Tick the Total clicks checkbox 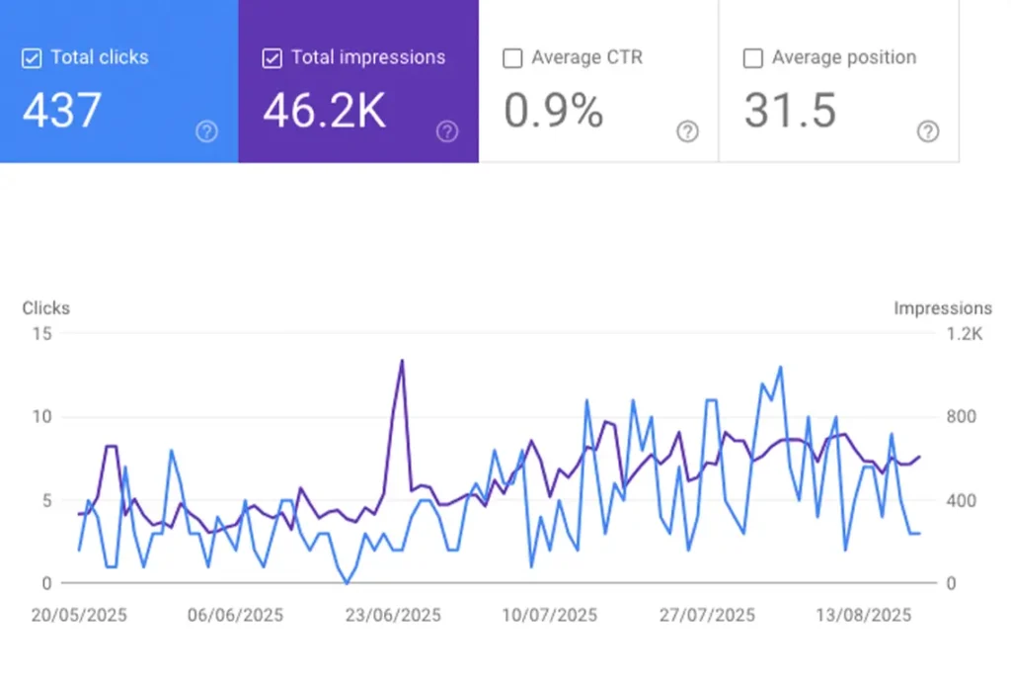pyautogui.click(x=32, y=59)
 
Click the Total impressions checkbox pyautogui.click(x=272, y=59)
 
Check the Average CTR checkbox pyautogui.click(x=512, y=59)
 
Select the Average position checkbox pyautogui.click(x=753, y=59)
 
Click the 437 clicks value pyautogui.click(x=61, y=111)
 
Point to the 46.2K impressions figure pyautogui.click(x=324, y=111)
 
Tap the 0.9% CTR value pyautogui.click(x=553, y=111)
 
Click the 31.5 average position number pyautogui.click(x=790, y=111)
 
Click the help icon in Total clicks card pyautogui.click(x=206, y=131)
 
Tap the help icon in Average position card pyautogui.click(x=928, y=131)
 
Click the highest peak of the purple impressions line pyautogui.click(x=402, y=361)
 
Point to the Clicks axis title pyautogui.click(x=46, y=308)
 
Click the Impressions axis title pyautogui.click(x=943, y=308)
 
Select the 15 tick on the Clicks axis pyautogui.click(x=41, y=334)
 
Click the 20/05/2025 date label pyautogui.click(x=79, y=615)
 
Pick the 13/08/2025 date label pyautogui.click(x=864, y=615)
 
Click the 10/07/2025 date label pyautogui.click(x=550, y=615)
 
